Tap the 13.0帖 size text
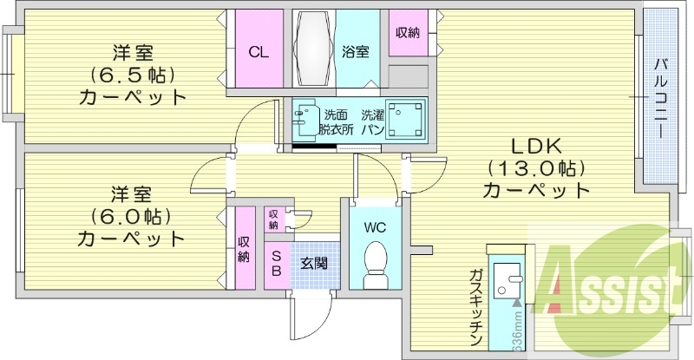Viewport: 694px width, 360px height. tap(535, 167)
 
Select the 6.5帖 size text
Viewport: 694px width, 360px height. tap(133, 73)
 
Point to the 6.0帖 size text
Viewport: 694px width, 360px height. tap(132, 214)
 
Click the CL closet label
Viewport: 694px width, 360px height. tap(259, 52)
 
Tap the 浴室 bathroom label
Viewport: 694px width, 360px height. tap(355, 52)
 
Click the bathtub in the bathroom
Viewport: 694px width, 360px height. tap(311, 49)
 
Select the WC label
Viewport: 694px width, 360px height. tap(375, 228)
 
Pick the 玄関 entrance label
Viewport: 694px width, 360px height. tap(313, 261)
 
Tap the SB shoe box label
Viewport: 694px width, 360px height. tap(277, 263)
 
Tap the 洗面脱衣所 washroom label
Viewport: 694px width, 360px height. tap(336, 122)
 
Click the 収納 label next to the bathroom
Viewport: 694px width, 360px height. tap(408, 33)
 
